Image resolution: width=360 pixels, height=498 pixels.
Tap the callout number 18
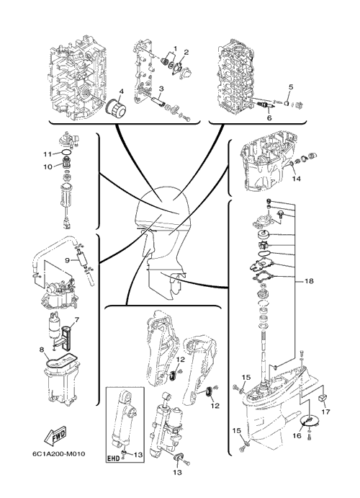309,281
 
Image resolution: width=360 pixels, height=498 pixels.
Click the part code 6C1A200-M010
58,453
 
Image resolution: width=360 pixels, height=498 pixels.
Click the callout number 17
325,412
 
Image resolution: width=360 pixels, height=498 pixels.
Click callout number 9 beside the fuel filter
67,260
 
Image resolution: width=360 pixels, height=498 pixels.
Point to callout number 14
296,179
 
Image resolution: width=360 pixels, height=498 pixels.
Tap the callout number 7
77,319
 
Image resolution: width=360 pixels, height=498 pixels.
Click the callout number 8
42,350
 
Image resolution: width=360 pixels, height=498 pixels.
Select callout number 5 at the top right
291,86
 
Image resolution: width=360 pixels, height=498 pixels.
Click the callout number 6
269,117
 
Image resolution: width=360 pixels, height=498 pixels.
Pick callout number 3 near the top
161,89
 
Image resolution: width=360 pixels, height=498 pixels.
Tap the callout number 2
186,52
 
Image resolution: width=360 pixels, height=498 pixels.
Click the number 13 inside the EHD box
138,455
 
